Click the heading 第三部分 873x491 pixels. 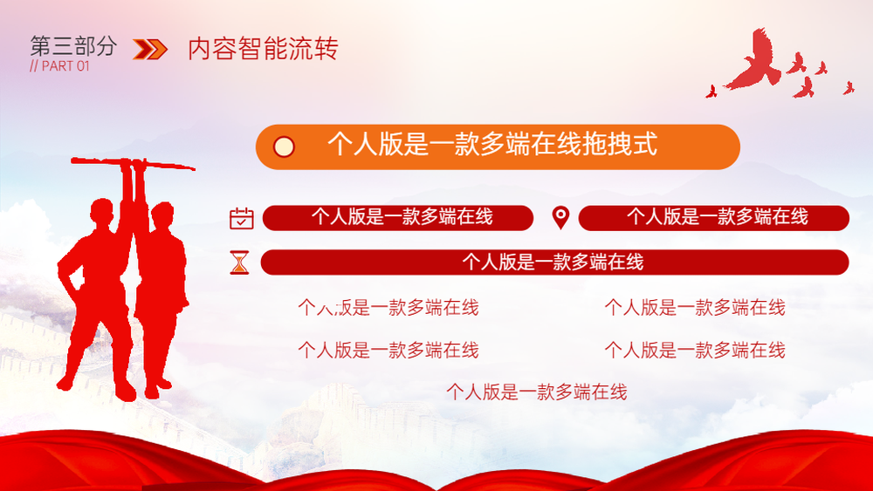(73, 46)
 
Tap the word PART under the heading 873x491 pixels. (58, 66)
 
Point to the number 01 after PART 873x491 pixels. (83, 66)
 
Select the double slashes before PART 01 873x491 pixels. (34, 66)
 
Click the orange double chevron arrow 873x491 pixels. (150, 49)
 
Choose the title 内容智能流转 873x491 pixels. (263, 48)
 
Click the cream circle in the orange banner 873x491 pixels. (284, 147)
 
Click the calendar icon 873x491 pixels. (242, 218)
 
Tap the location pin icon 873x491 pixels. (560, 217)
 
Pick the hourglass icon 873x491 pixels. (240, 263)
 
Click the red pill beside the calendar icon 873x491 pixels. (397, 217)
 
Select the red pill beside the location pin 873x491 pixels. (714, 217)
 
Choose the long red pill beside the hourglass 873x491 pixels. (554, 263)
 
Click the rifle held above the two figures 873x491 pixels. (133, 163)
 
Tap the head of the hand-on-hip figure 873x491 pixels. (102, 213)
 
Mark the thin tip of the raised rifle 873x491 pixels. (194, 168)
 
